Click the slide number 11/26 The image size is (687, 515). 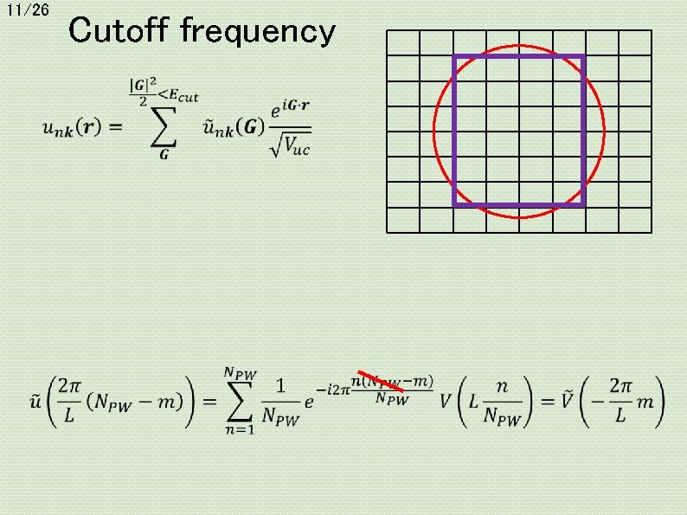pyautogui.click(x=28, y=10)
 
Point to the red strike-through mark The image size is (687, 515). pyautogui.click(x=381, y=388)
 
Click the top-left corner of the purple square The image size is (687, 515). pyautogui.click(x=454, y=56)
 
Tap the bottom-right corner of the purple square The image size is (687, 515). pyautogui.click(x=584, y=204)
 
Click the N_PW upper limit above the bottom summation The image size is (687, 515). pyautogui.click(x=241, y=372)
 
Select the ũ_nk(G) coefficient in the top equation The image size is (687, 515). pyautogui.click(x=234, y=127)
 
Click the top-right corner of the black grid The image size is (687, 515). pyautogui.click(x=652, y=31)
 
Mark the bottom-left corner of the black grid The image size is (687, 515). pyautogui.click(x=387, y=232)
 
